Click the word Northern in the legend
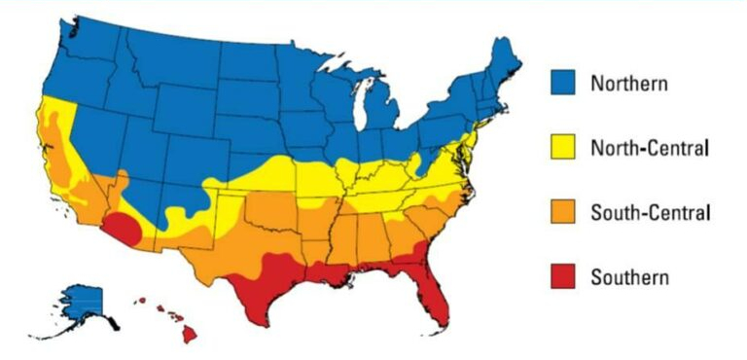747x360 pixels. [629, 84]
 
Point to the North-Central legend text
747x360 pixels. [649, 148]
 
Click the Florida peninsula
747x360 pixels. [434, 298]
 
